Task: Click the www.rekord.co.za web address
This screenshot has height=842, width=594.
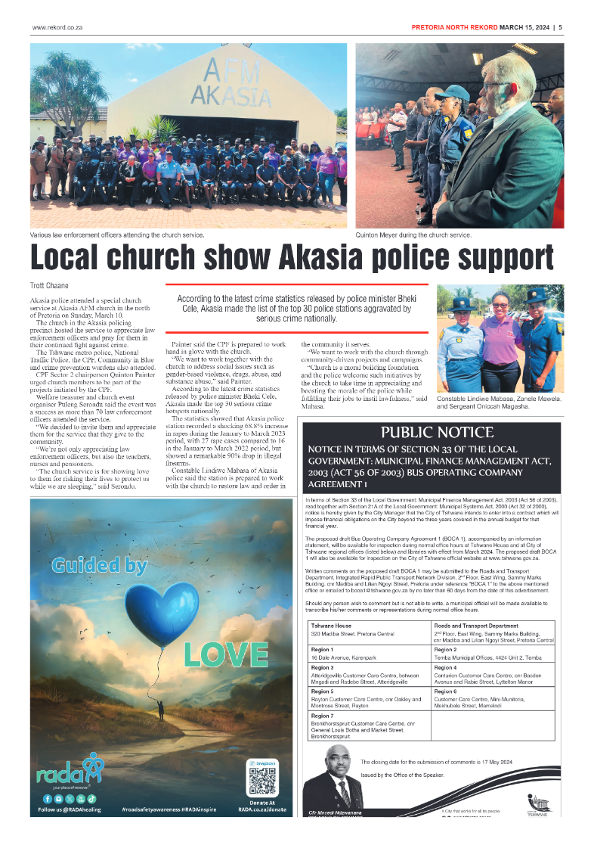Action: pyautogui.click(x=57, y=28)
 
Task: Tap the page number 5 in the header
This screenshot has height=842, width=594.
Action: pyautogui.click(x=560, y=28)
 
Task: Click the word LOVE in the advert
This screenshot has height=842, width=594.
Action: pyautogui.click(x=226, y=652)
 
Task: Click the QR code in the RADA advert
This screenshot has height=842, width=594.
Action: pyautogui.click(x=261, y=779)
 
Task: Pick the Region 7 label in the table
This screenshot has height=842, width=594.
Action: pyautogui.click(x=322, y=715)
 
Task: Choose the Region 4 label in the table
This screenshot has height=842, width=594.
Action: pyautogui.click(x=446, y=668)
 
